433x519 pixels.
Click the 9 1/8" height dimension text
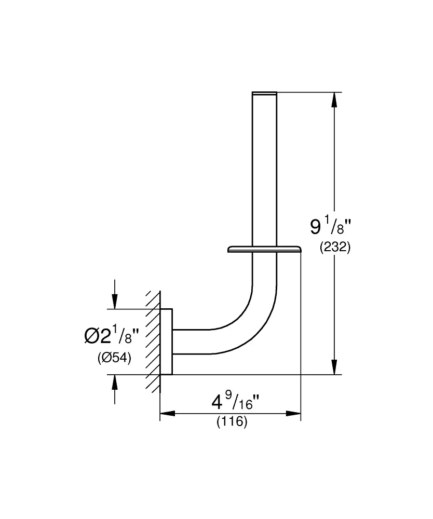(x=331, y=227)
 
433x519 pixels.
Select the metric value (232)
(x=335, y=248)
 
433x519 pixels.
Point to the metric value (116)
(x=232, y=422)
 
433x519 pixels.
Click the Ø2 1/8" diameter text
(x=112, y=337)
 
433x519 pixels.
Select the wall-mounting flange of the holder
(x=166, y=342)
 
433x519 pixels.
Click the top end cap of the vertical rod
(x=264, y=93)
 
